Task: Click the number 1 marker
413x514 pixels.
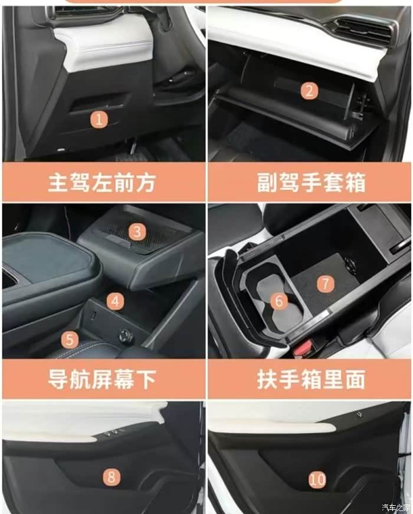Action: pos(99,119)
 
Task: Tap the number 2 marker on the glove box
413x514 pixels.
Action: pos(309,91)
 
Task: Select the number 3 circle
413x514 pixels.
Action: pos(137,232)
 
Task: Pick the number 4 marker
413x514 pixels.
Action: pos(115,301)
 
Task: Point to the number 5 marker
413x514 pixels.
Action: pos(70,340)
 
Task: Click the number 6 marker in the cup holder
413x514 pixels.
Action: pos(279,301)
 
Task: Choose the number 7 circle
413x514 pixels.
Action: pos(326,284)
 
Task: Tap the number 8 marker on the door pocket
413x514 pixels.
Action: pos(112,477)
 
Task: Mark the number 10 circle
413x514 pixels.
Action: pos(317,480)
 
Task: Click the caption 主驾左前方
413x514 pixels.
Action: pos(102,183)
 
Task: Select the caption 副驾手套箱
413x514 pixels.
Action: pos(311,183)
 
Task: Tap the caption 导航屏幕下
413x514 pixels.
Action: pos(102,379)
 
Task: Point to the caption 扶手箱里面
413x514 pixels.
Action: pos(311,379)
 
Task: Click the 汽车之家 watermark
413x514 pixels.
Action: pos(396,508)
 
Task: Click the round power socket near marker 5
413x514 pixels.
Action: pos(125,335)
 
